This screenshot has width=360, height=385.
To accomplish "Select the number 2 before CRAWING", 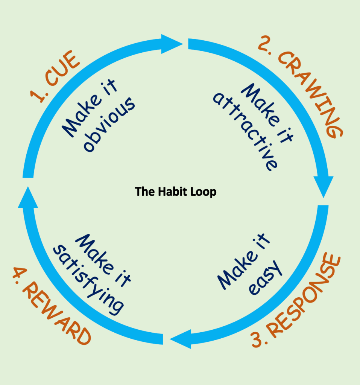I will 263,44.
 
